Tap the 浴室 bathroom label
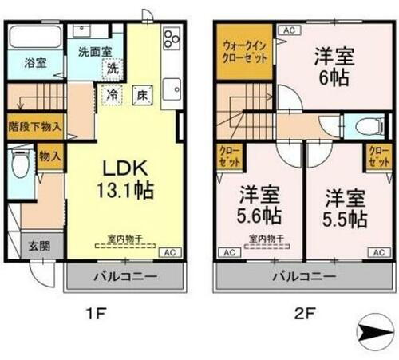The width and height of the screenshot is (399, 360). click(34, 61)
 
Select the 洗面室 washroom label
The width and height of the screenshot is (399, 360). click(94, 52)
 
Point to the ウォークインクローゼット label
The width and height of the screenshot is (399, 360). click(244, 52)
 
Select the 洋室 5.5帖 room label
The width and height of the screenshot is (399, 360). click(345, 204)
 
